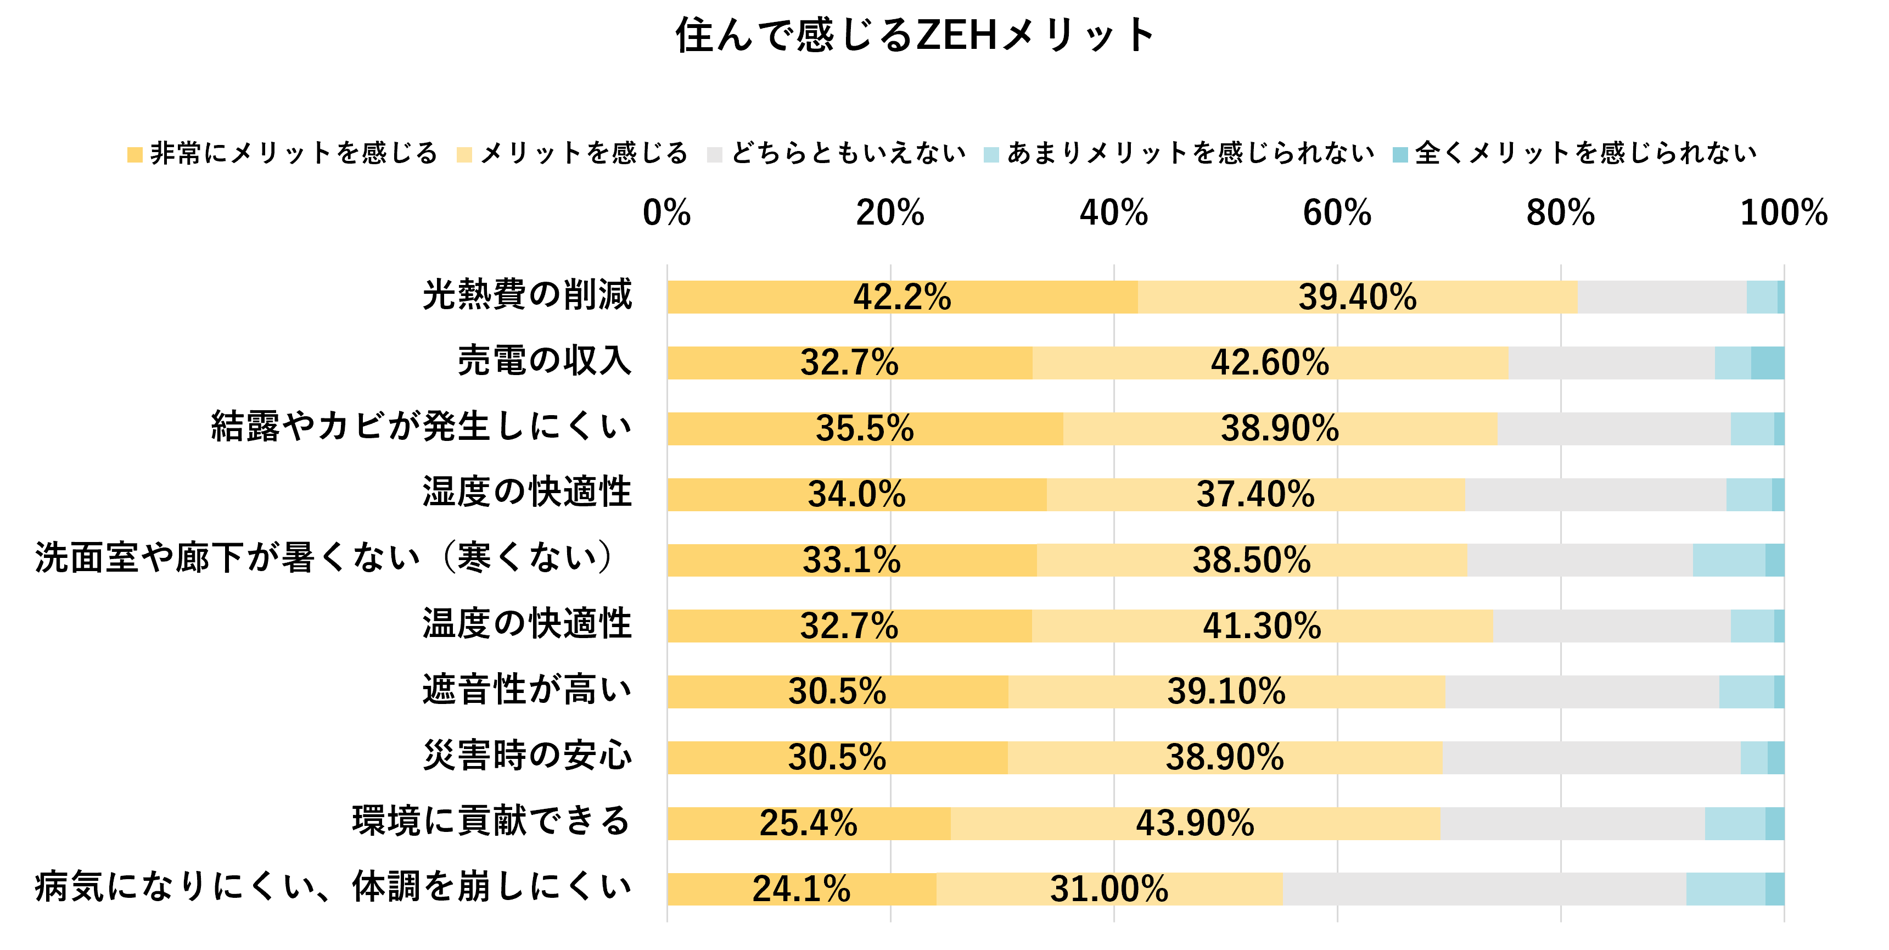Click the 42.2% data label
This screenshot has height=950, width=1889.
click(x=902, y=297)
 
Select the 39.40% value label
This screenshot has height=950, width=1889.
click(x=1358, y=297)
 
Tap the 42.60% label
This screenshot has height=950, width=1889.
click(x=1269, y=362)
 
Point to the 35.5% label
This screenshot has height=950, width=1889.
click(x=865, y=428)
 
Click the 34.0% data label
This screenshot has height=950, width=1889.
click(x=856, y=494)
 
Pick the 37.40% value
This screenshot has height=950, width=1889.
click(x=1255, y=494)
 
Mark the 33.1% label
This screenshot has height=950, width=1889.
click(x=851, y=561)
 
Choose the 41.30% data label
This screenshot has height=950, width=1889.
click(x=1262, y=627)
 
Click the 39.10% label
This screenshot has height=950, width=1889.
click(x=1226, y=692)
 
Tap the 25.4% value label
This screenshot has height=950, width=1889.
click(x=808, y=823)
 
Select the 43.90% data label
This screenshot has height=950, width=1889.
click(x=1195, y=823)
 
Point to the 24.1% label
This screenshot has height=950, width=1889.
click(x=801, y=889)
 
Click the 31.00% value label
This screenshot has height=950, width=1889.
click(x=1109, y=889)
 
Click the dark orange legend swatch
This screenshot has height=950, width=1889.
click(x=135, y=155)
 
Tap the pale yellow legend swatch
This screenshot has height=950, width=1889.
click(x=464, y=155)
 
